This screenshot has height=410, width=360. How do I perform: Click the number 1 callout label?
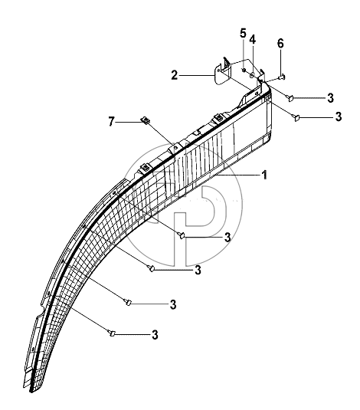click(x=264, y=175)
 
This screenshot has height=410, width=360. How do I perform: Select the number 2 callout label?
click(x=175, y=75)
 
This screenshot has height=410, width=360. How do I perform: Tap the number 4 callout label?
click(x=252, y=40)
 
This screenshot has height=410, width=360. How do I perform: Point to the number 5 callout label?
click(x=243, y=34)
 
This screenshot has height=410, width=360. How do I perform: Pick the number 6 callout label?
click(x=280, y=44)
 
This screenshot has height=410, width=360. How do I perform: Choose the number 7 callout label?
click(x=111, y=122)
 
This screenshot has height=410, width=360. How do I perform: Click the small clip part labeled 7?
click(x=146, y=120)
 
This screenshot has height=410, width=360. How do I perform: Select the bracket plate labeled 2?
click(x=223, y=74)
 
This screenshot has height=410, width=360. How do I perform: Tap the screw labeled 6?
click(x=282, y=77)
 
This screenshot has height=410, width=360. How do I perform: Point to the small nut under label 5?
click(x=244, y=70)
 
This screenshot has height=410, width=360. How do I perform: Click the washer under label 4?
click(x=252, y=76)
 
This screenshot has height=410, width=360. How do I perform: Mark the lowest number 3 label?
click(x=155, y=335)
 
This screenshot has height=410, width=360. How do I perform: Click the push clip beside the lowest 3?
click(x=111, y=333)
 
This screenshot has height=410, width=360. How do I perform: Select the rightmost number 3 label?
click(x=339, y=116)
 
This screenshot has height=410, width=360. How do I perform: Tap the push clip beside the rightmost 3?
click(x=296, y=117)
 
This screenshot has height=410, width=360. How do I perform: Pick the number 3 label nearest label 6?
click(x=330, y=98)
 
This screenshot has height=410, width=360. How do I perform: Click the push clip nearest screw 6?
click(x=290, y=97)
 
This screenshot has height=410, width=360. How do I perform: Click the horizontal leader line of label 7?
click(x=129, y=122)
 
